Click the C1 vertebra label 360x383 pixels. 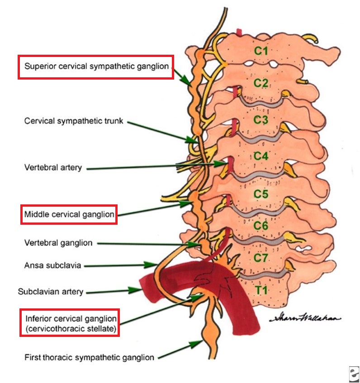pyautogui.click(x=261, y=51)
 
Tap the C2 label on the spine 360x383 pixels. pyautogui.click(x=261, y=83)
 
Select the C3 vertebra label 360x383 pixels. pyautogui.click(x=261, y=120)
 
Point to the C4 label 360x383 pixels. pyautogui.click(x=261, y=156)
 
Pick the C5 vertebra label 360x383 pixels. pyautogui.click(x=261, y=194)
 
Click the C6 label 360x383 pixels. pyautogui.click(x=261, y=226)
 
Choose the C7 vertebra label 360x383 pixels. pyautogui.click(x=261, y=257)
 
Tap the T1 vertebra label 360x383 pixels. pyautogui.click(x=261, y=290)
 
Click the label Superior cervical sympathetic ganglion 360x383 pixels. pyautogui.click(x=96, y=66)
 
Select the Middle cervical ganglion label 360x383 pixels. pyautogui.click(x=69, y=214)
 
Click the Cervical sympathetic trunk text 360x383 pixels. pyautogui.click(x=74, y=121)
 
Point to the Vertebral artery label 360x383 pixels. pyautogui.click(x=53, y=168)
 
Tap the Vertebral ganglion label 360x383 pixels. pyautogui.click(x=58, y=243)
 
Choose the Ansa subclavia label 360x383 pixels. pyautogui.click(x=52, y=265)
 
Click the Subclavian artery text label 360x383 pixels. pyautogui.click(x=51, y=292)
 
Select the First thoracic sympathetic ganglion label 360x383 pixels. pyautogui.click(x=89, y=357)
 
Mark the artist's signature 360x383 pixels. pyautogui.click(x=305, y=317)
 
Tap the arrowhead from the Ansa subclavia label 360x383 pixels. pyautogui.click(x=150, y=265)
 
